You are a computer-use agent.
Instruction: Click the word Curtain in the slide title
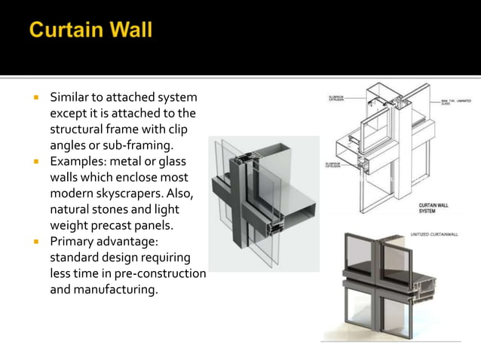(x=66, y=31)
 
